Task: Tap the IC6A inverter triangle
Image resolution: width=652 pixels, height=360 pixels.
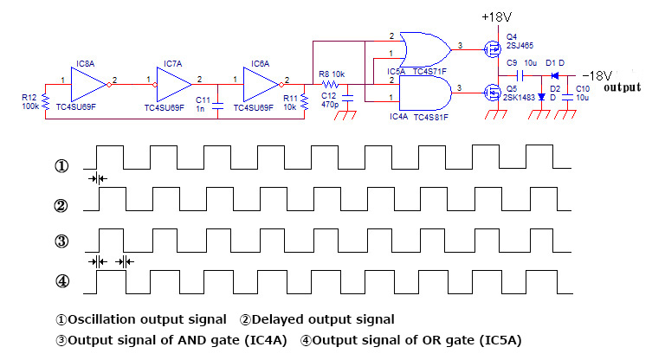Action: click(263, 85)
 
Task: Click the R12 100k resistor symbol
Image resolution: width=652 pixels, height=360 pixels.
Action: click(45, 103)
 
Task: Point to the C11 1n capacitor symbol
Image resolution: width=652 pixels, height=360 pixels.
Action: click(218, 101)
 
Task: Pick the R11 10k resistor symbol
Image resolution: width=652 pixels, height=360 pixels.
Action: click(305, 103)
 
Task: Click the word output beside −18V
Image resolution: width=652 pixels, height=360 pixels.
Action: click(622, 87)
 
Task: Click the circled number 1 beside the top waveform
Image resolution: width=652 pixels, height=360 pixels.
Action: click(61, 165)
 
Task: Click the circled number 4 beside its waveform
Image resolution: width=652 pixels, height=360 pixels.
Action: click(61, 281)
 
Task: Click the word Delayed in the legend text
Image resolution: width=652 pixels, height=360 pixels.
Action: click(276, 319)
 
